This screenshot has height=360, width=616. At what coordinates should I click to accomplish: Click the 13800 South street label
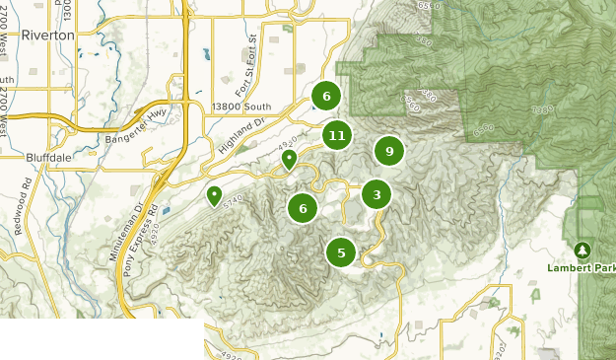(241, 107)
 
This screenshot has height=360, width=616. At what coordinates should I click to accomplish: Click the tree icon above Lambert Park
(582, 250)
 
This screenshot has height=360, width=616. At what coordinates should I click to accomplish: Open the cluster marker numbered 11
(337, 136)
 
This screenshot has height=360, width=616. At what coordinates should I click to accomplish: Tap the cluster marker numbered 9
(389, 151)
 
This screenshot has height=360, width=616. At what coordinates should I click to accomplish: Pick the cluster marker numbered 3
(376, 194)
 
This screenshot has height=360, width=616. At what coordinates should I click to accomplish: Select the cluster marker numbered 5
(341, 252)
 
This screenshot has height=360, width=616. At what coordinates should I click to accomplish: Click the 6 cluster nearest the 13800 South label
(326, 96)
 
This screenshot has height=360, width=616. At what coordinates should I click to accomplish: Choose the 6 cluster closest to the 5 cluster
(303, 208)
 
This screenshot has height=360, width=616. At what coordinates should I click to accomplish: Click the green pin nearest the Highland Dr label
(289, 158)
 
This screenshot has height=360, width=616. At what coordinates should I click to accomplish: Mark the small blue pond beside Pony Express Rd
(164, 210)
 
